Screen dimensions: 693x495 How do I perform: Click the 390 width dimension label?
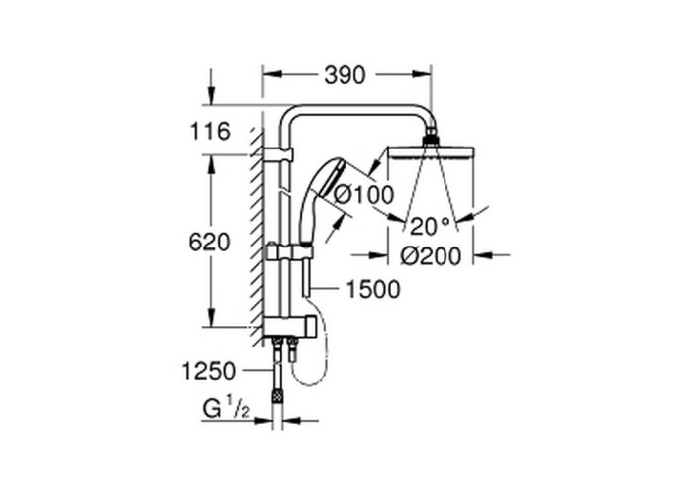345,75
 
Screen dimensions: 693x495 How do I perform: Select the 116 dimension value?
210,131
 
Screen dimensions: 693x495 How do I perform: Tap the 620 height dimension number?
210,243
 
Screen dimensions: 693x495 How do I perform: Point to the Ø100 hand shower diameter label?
363,194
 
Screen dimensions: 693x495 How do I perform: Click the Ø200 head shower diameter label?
431,255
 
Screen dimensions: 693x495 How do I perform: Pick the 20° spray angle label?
430,227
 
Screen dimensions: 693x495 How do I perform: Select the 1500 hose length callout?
373,289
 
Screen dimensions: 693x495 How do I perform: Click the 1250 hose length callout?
209,371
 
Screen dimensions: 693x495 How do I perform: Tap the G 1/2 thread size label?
227,409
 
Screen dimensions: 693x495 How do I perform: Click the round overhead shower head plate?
431,152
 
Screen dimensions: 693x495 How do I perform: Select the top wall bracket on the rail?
278,154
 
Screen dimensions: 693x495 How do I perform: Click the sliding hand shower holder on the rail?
289,251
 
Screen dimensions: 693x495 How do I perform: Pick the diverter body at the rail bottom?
289,327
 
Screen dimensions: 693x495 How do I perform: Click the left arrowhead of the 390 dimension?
272,75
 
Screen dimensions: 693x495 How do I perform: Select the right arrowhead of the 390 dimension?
422,75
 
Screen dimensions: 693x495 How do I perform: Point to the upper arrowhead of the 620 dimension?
211,163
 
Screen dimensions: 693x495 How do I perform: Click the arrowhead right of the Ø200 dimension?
483,255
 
